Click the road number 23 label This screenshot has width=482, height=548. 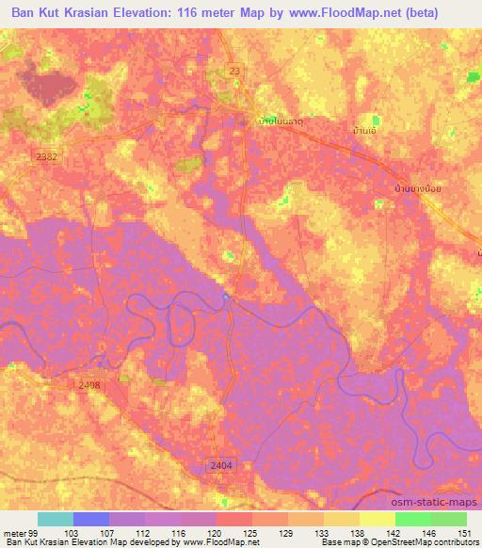point(234,70)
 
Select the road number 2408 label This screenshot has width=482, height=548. point(89,384)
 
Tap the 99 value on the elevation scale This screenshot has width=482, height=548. point(34,532)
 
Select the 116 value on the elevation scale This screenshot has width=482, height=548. point(178,532)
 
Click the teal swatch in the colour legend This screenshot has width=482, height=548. point(56,519)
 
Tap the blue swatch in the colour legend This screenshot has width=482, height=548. point(91,519)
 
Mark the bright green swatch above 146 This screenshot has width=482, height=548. point(413,519)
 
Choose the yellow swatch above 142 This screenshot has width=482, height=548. point(378,519)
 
